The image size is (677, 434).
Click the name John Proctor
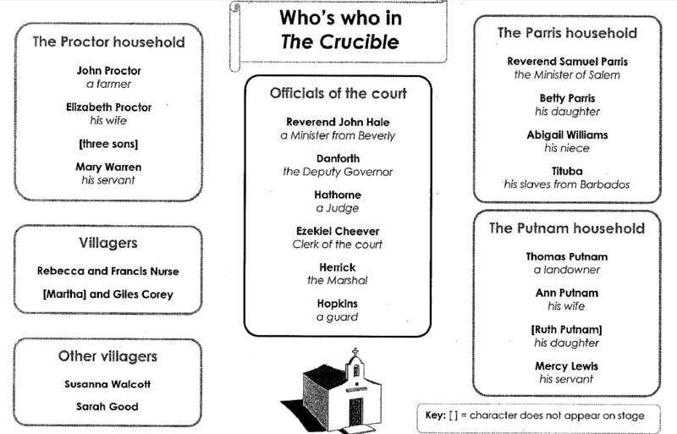pos(108,71)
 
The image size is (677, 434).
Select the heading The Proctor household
pos(107,41)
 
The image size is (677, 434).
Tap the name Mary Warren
pos(108,167)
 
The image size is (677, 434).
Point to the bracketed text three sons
pos(108,144)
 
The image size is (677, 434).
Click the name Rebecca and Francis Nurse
pos(107,271)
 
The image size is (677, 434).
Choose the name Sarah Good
pos(107,406)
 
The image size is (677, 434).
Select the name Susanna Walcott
pos(107,384)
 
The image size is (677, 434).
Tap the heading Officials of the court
pos(338,93)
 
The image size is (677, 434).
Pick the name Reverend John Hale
pos(338,122)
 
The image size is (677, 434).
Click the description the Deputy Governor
pos(338,172)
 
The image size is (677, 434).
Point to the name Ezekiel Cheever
pos(338,231)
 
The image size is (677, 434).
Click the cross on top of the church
pos(355,353)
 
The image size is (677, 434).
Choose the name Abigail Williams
pos(567,135)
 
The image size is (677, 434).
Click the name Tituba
pos(567,171)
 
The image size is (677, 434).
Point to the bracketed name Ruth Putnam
pos(567,329)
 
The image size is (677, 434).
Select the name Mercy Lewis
pos(567,365)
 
